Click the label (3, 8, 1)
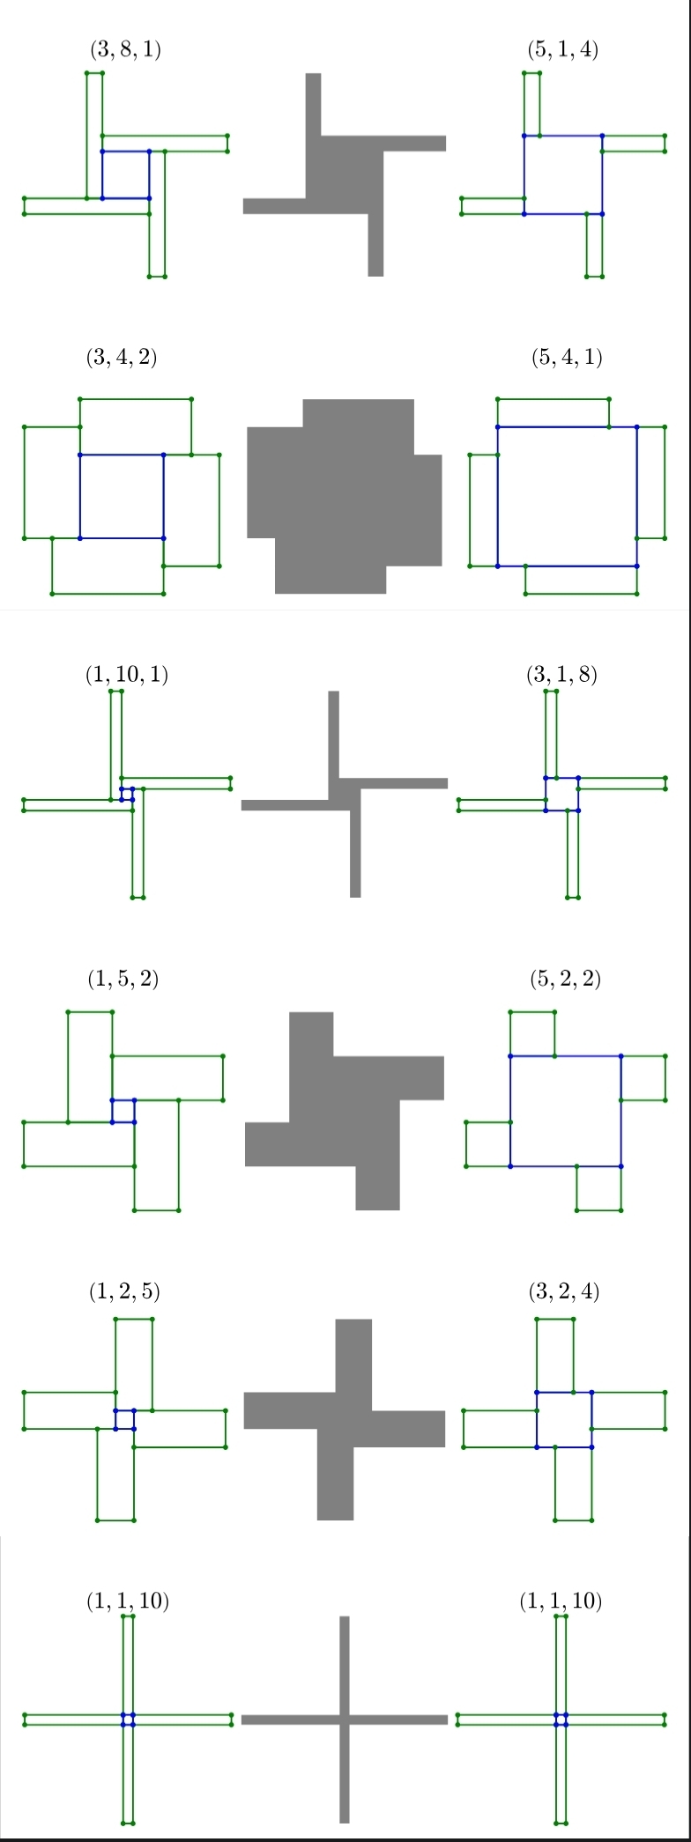(x=125, y=50)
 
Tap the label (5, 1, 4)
(x=562, y=50)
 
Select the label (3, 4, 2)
(x=122, y=358)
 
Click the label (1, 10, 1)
(x=127, y=675)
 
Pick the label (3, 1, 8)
(x=562, y=675)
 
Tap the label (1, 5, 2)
(x=123, y=979)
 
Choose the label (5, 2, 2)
(x=566, y=979)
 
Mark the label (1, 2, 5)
(x=124, y=1291)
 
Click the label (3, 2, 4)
(x=564, y=1291)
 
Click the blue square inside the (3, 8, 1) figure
(x=102, y=174)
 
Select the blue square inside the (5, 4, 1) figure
(x=498, y=496)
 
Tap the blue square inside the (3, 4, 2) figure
(x=80, y=496)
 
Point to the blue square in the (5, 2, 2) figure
(x=510, y=1111)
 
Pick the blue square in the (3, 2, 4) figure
(x=537, y=1419)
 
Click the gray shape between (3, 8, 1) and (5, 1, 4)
(x=345, y=174)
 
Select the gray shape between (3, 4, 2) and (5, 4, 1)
(x=345, y=496)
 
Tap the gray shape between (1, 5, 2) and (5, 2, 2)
(x=345, y=1111)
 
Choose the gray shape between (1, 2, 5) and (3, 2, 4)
(x=345, y=1419)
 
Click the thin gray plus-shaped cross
(x=345, y=1719)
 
